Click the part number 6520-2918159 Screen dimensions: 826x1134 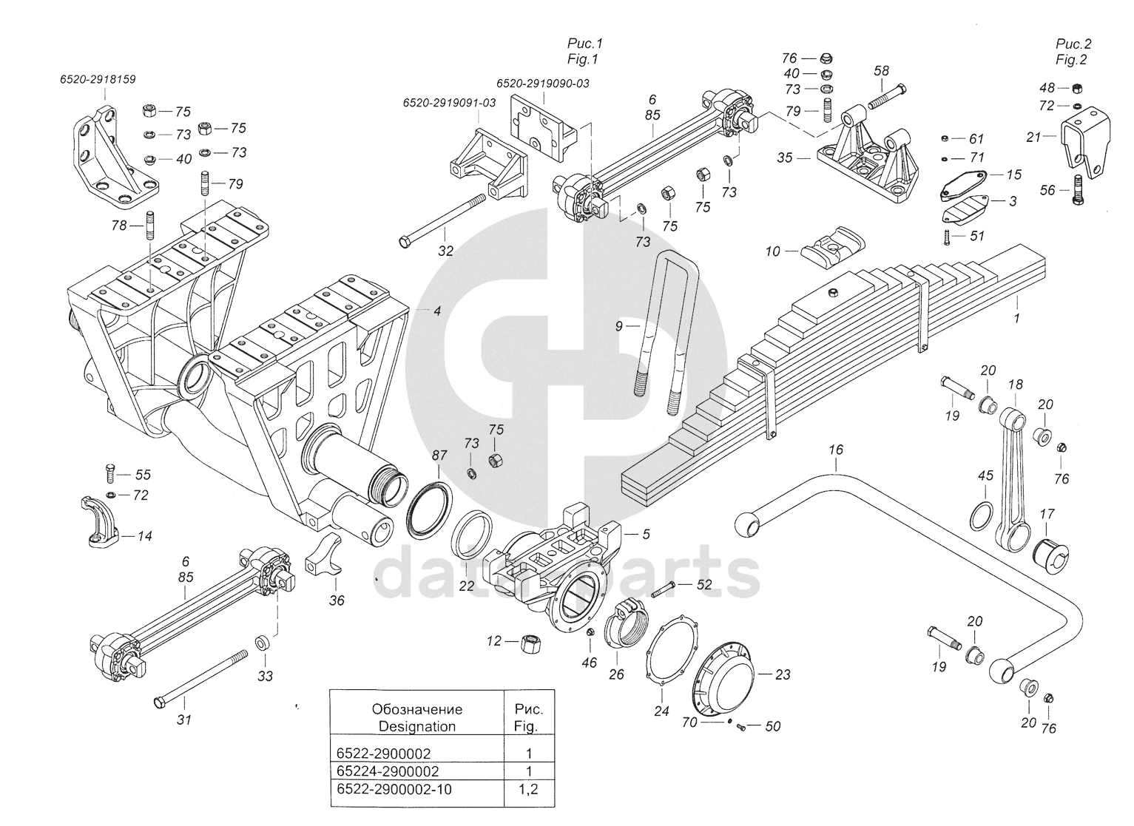coord(98,78)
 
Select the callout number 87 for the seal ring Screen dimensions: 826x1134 coord(438,456)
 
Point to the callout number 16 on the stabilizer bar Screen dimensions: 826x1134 coord(835,449)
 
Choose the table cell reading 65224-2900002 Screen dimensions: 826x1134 coord(383,771)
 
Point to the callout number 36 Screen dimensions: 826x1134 coord(337,600)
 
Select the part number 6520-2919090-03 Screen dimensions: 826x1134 coord(542,84)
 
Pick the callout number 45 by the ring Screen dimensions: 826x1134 coord(985,475)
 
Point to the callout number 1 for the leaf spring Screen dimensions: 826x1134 coord(1016,318)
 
